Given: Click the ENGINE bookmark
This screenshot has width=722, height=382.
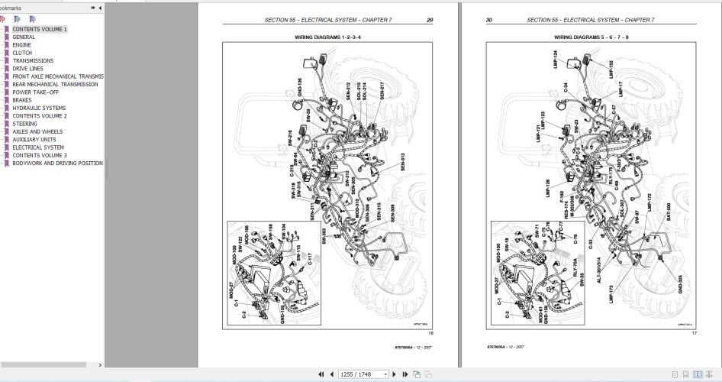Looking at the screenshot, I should [x=22, y=45].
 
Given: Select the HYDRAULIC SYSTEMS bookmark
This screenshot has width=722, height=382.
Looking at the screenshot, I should [x=39, y=108].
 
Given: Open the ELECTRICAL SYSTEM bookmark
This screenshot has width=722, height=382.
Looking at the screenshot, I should [x=38, y=147].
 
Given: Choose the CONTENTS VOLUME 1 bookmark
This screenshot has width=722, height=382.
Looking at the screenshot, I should [x=40, y=29].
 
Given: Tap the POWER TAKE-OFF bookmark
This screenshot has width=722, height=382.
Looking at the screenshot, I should [x=35, y=92].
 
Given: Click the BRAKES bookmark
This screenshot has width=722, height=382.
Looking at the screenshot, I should [x=22, y=100].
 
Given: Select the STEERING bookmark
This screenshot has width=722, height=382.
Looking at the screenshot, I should [x=24, y=124].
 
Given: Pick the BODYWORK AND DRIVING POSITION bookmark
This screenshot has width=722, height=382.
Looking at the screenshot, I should [x=57, y=163].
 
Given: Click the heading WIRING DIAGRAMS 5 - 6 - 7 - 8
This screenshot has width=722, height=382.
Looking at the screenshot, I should [x=591, y=36].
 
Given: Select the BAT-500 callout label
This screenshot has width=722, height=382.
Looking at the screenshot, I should [x=669, y=212].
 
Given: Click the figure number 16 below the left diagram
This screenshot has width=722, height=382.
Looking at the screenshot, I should [x=430, y=332].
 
